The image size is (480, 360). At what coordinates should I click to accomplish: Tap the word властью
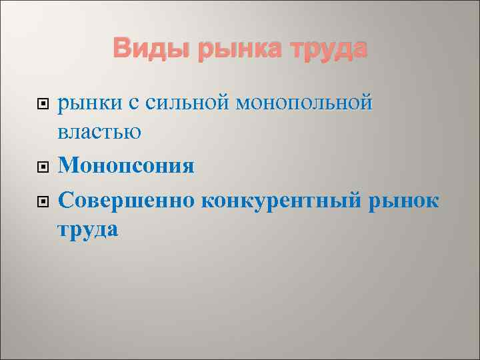(99, 133)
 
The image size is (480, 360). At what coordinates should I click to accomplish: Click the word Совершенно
(126, 199)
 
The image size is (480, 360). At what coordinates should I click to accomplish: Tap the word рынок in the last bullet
(404, 199)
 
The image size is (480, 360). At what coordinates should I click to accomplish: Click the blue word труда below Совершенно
(88, 230)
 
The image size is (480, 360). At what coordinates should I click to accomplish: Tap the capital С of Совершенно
(65, 198)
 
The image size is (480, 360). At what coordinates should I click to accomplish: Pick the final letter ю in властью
(133, 133)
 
